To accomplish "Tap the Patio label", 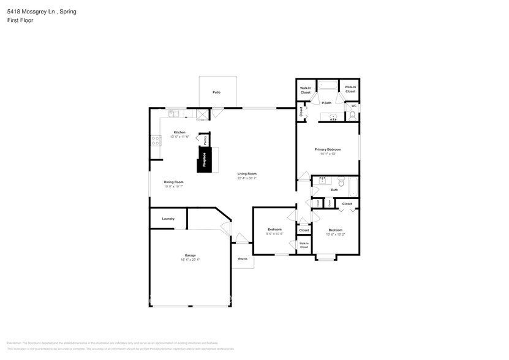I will click(x=216, y=92).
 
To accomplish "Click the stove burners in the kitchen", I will click(x=154, y=141).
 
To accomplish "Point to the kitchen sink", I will click(x=174, y=113).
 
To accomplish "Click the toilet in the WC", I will click(x=352, y=115).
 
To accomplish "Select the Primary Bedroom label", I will click(x=328, y=149).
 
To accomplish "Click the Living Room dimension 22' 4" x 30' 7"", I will click(x=247, y=178).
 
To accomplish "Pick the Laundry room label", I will click(x=168, y=219).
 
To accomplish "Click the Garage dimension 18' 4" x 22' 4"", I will click(x=190, y=260).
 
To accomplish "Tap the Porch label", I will click(x=243, y=259).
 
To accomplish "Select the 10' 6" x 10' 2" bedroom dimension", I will click(x=335, y=234).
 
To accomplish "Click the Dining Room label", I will click(x=173, y=182).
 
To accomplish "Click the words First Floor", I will click(x=20, y=20).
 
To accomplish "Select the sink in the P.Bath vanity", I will click(x=333, y=116).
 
